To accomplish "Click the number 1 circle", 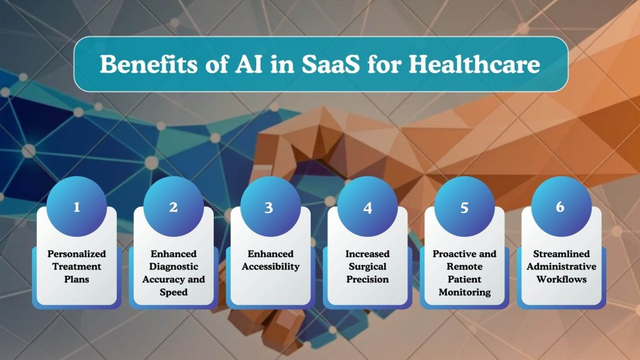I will click(x=77, y=207).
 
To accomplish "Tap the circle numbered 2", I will click(x=173, y=207).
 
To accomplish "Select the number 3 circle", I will click(x=269, y=207).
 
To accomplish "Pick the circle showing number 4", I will click(x=367, y=207).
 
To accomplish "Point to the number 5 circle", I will click(x=464, y=207).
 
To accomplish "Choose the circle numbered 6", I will click(x=560, y=207).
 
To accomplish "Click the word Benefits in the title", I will click(x=141, y=64).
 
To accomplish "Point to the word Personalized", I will click(x=77, y=254).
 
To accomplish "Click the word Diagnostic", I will click(x=173, y=266).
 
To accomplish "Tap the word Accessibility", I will click(x=269, y=266).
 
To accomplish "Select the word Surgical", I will click(x=367, y=266).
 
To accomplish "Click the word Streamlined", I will click(x=560, y=254).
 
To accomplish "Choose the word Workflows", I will click(x=560, y=279).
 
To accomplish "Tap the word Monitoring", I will click(x=464, y=291).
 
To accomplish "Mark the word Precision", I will click(x=367, y=279).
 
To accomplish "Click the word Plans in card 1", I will click(x=77, y=279).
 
